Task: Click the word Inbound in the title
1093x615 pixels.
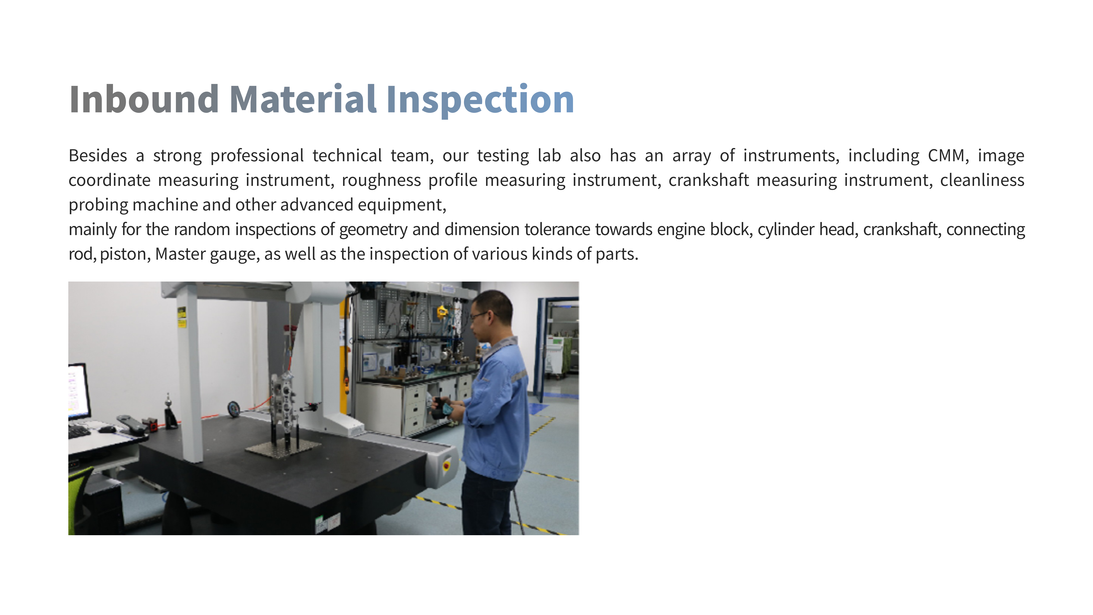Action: (x=144, y=99)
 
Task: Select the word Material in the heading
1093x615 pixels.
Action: (x=303, y=99)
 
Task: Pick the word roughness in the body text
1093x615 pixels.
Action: (x=381, y=180)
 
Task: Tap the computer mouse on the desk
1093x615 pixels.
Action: (x=106, y=430)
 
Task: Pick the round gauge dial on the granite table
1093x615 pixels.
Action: (x=233, y=409)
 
